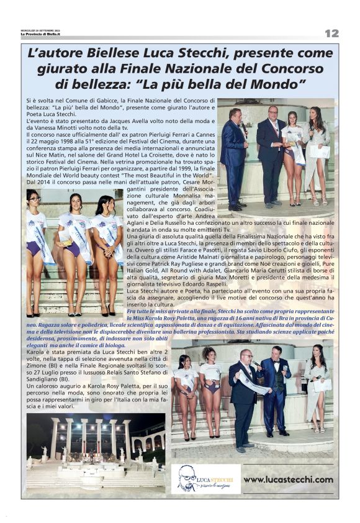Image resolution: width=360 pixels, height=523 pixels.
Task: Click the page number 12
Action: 331,33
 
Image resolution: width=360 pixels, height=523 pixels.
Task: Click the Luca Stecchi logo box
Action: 205,479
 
